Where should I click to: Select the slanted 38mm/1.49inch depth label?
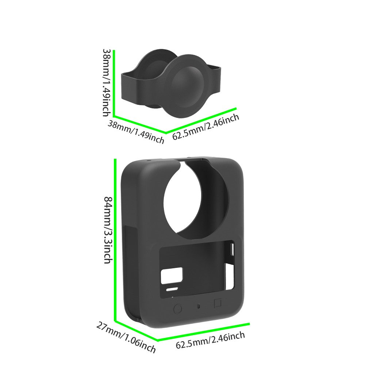click(x=136, y=132)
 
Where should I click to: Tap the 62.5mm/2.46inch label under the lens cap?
click(x=206, y=127)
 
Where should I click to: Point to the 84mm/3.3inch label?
click(x=108, y=230)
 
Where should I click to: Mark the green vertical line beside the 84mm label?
click(x=115, y=240)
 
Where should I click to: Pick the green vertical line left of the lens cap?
click(x=114, y=83)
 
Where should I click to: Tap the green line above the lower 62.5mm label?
click(x=204, y=332)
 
